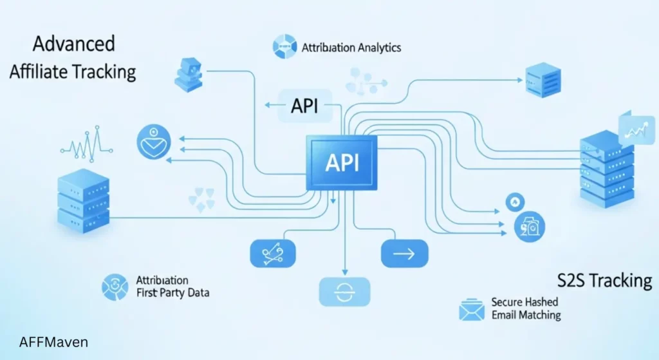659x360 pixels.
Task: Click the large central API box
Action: [x=341, y=163]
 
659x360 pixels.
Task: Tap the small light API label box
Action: [x=304, y=106]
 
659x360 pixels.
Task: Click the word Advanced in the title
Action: [x=73, y=45]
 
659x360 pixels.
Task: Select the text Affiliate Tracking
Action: [x=73, y=71]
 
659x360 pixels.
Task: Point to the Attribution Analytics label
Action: [x=351, y=47]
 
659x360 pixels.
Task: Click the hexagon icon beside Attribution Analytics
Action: [x=284, y=47]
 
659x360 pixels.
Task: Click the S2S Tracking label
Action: [x=604, y=281]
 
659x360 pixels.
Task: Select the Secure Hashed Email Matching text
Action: [x=525, y=308]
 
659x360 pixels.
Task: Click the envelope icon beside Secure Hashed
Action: [x=471, y=310]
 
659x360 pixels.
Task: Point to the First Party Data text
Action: [x=172, y=293]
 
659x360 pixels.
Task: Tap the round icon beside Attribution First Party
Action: [x=115, y=287]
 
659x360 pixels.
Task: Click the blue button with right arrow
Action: [x=404, y=254]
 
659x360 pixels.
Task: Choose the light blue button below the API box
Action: [x=344, y=291]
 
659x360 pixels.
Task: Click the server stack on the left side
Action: [x=82, y=199]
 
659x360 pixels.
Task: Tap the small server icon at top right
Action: [x=543, y=80]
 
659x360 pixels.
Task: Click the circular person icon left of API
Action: [x=154, y=141]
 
